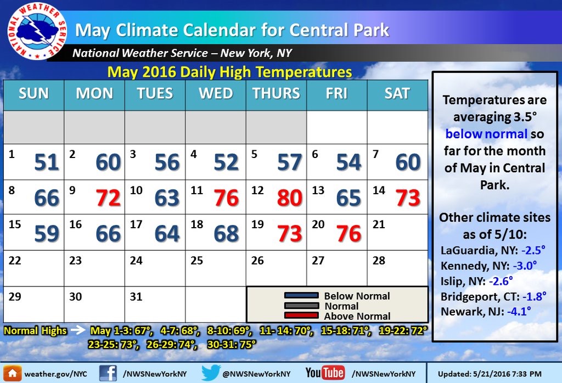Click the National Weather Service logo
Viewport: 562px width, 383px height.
(36, 31)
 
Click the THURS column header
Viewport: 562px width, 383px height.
(276, 93)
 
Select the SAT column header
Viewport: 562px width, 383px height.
(397, 93)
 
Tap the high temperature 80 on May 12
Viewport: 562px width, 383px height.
(290, 198)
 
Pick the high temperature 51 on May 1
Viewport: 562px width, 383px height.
(47, 162)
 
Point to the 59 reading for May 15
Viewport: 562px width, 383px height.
(47, 234)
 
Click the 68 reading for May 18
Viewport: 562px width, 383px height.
(226, 234)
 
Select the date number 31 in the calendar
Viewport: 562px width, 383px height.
(136, 297)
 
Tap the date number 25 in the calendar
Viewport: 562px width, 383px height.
(197, 261)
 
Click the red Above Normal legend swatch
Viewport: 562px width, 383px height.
(301, 316)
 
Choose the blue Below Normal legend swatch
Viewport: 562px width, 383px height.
(301, 296)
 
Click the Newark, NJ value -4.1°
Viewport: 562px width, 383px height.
(519, 311)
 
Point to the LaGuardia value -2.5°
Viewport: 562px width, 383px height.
(533, 250)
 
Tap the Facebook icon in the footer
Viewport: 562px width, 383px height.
(108, 373)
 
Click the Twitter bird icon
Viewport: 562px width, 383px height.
(211, 373)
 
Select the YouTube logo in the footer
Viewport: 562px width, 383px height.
(325, 373)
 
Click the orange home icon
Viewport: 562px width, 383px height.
(12, 373)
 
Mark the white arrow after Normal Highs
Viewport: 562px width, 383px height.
(77, 330)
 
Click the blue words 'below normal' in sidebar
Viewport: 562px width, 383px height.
(486, 134)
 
